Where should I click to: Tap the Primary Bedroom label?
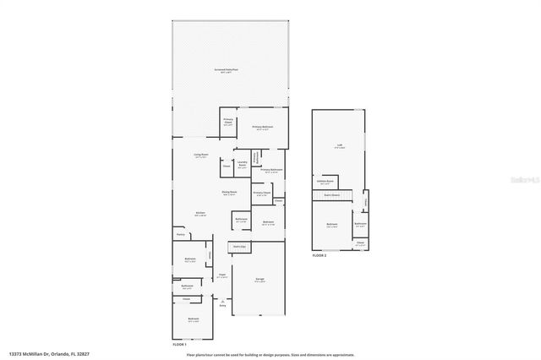262,128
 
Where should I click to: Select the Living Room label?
200,155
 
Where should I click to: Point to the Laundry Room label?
242,165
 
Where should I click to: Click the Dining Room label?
229,192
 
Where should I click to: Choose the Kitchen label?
200,213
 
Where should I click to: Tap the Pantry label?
180,234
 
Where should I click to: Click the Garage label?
261,280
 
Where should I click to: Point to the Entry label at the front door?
223,304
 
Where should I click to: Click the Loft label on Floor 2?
340,145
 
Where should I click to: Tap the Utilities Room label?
324,180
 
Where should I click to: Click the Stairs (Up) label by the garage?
238,247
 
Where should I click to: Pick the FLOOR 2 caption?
319,255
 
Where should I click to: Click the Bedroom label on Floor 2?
331,225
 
